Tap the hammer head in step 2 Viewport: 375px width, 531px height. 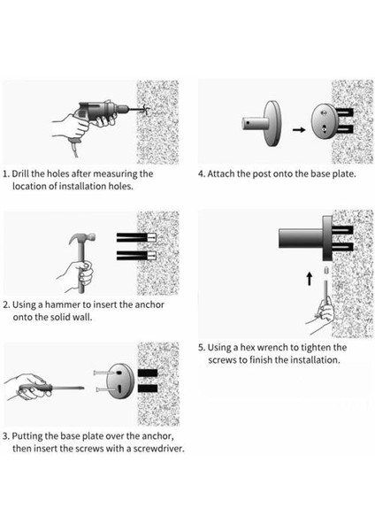click(x=82, y=240)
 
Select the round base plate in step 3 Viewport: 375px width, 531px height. click(x=120, y=381)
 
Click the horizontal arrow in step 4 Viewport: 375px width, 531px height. click(x=299, y=129)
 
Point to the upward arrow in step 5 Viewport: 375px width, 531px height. click(x=309, y=279)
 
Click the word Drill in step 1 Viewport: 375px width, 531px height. click(x=20, y=173)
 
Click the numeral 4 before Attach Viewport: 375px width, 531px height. click(x=201, y=174)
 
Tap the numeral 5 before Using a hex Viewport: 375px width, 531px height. click(x=202, y=348)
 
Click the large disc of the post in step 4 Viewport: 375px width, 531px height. click(x=272, y=123)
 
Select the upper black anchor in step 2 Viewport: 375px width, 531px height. click(x=136, y=237)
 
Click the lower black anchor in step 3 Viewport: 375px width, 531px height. click(x=148, y=389)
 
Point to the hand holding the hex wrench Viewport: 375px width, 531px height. click(x=322, y=313)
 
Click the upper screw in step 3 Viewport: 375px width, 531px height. click(x=103, y=373)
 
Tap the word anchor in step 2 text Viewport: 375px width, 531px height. click(x=149, y=304)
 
